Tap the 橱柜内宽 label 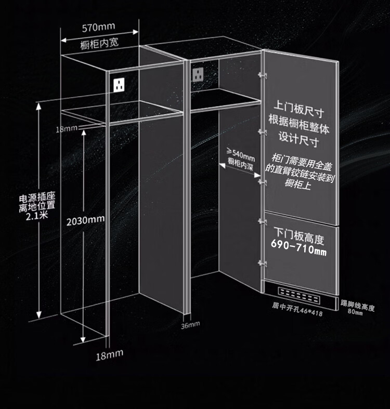(x=99, y=43)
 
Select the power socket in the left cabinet (x=119, y=83)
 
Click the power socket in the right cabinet (x=199, y=74)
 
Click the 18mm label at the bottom (x=109, y=355)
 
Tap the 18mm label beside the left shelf (x=67, y=128)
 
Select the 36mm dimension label (x=190, y=325)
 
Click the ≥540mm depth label (x=241, y=154)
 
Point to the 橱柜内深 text (x=241, y=163)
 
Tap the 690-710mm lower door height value (x=299, y=251)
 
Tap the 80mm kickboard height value (x=355, y=312)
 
